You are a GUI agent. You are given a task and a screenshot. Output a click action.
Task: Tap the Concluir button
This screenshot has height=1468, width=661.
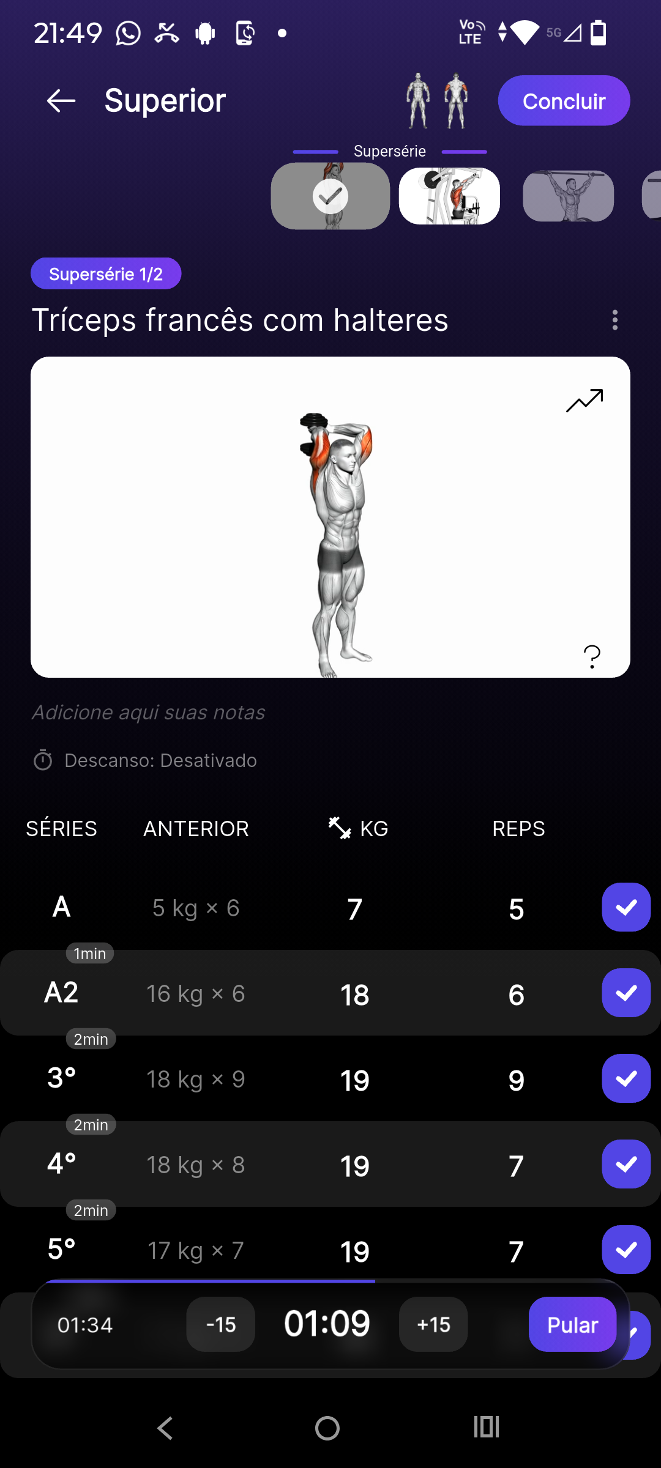click(x=564, y=101)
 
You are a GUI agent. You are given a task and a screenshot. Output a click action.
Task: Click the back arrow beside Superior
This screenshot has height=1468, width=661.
click(x=61, y=101)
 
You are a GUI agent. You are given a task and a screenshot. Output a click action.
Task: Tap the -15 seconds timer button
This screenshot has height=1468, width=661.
click(x=220, y=1324)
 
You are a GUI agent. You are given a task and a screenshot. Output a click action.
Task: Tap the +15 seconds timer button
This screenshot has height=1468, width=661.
click(x=433, y=1324)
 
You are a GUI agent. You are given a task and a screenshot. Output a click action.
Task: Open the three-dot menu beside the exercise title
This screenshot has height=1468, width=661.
click(x=614, y=320)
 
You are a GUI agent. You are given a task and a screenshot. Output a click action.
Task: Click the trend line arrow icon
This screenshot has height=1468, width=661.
click(x=584, y=401)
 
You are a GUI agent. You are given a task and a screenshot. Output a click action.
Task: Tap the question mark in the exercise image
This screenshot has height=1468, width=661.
click(x=592, y=657)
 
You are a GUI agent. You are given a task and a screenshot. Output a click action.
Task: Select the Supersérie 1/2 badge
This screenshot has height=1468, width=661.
click(x=106, y=273)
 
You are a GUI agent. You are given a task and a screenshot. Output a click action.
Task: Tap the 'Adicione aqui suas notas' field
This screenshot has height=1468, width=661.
click(x=149, y=713)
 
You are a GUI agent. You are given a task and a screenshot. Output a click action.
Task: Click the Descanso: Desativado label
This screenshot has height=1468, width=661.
click(x=160, y=760)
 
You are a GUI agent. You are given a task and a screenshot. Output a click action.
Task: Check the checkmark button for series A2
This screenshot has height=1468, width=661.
click(x=626, y=993)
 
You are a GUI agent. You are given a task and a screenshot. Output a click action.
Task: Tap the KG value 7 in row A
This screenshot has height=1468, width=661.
click(x=355, y=909)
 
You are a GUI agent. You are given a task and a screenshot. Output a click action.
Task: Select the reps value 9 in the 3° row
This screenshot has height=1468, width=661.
click(x=516, y=1080)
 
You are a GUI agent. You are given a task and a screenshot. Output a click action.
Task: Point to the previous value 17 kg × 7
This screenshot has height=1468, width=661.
click(x=196, y=1251)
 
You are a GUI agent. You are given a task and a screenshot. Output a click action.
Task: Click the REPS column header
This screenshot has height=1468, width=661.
click(x=518, y=829)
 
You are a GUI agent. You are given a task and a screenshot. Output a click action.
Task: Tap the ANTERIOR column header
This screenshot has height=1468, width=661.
click(x=196, y=829)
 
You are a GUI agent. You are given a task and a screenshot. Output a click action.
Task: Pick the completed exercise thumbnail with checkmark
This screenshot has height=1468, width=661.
click(x=330, y=196)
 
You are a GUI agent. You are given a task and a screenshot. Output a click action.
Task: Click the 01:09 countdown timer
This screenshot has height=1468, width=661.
click(x=327, y=1324)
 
